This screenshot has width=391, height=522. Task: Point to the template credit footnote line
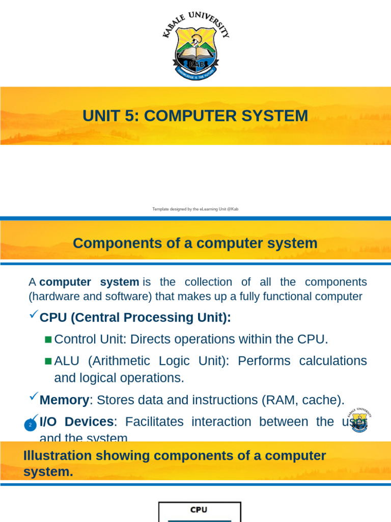[195, 209]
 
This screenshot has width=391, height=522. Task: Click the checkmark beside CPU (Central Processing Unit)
[34, 316]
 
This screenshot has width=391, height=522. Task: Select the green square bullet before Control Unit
[48, 340]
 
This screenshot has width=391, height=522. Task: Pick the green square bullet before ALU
[48, 361]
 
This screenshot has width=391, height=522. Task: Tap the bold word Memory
[64, 400]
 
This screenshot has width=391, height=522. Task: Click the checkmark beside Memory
[34, 396]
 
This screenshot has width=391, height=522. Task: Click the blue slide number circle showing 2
[31, 425]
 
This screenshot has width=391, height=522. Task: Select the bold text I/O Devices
[76, 422]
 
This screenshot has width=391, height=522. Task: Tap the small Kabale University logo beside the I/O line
[359, 420]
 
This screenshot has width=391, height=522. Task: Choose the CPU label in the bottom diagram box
[199, 510]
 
